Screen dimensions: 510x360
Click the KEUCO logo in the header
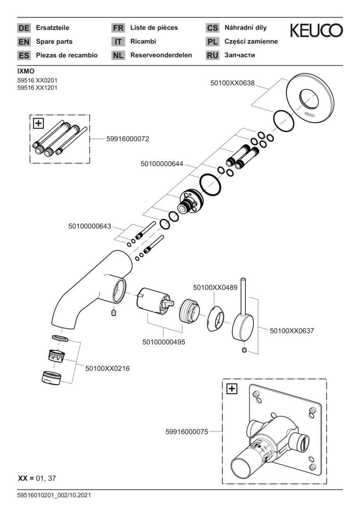point(316,31)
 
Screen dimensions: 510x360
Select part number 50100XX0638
point(232,83)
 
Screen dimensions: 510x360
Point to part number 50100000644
point(161,164)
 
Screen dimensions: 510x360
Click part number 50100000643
point(89,226)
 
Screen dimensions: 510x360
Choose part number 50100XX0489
point(215,287)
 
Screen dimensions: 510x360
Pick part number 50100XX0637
point(292,331)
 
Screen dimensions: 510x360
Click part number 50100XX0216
point(107,368)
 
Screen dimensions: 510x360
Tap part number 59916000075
point(187,431)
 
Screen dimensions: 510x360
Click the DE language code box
point(24,28)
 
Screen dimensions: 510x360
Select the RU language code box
point(213,55)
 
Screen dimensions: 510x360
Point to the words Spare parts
point(54,42)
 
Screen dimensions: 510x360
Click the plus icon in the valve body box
point(232,389)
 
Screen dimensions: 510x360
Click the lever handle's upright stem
point(243,297)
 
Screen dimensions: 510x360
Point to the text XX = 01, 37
point(37,478)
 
